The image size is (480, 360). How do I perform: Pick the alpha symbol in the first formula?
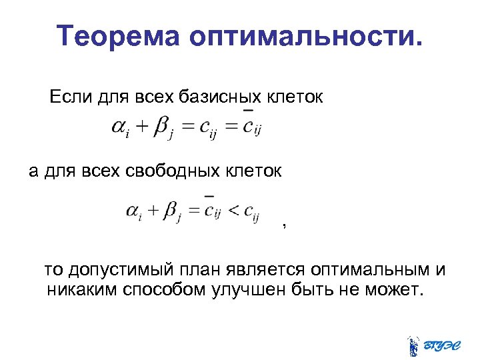[120, 127]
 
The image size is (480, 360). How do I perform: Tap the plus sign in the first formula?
[141, 127]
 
